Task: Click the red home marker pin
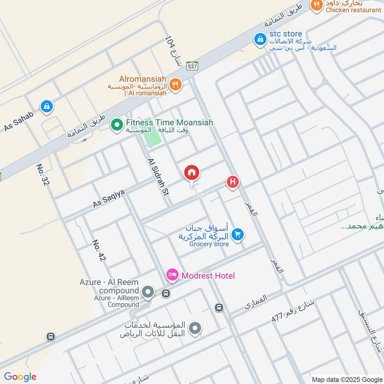(x=192, y=173)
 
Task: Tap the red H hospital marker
(x=233, y=182)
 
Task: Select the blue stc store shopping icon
(x=260, y=39)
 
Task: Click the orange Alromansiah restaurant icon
(x=176, y=84)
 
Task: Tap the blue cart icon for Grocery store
(x=237, y=234)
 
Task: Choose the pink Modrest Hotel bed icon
(x=172, y=276)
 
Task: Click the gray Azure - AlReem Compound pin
(x=148, y=291)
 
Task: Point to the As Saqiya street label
(x=108, y=198)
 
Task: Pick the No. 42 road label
(x=99, y=250)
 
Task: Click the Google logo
(x=20, y=377)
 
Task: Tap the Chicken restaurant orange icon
(x=316, y=5)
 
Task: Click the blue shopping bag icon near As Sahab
(x=47, y=106)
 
